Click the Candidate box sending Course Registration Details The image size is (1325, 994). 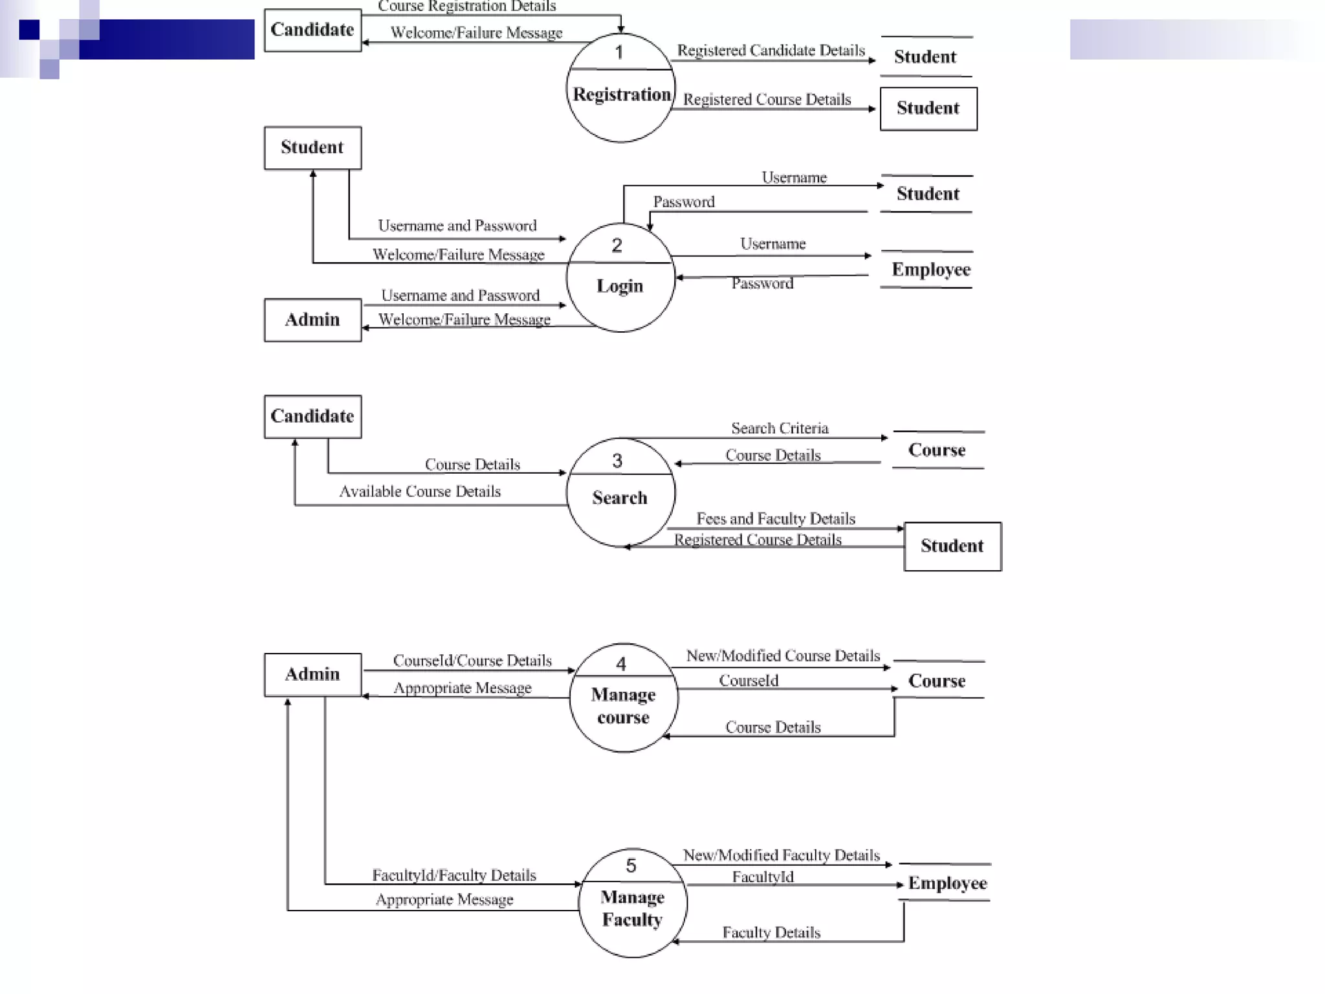click(x=312, y=30)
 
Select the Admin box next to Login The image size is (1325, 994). click(x=312, y=320)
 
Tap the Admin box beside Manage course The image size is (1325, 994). click(x=312, y=674)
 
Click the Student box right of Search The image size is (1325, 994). click(x=952, y=546)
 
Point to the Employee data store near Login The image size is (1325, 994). click(x=930, y=269)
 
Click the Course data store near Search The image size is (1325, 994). click(x=937, y=450)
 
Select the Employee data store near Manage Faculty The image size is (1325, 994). click(x=947, y=883)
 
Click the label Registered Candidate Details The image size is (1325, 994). click(x=771, y=50)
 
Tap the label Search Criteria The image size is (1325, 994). click(x=780, y=428)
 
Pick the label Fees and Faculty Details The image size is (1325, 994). click(x=776, y=519)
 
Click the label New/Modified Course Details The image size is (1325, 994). click(x=783, y=656)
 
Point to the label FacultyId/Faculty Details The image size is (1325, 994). click(x=454, y=876)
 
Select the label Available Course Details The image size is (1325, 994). click(x=420, y=492)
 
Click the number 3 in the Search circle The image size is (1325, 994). click(x=617, y=461)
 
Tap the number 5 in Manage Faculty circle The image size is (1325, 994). click(x=631, y=866)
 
